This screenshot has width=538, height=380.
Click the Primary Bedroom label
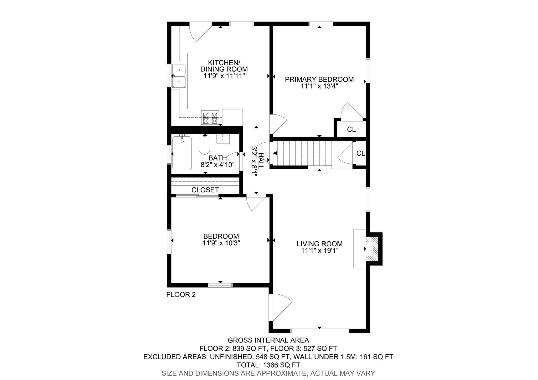tap(319, 79)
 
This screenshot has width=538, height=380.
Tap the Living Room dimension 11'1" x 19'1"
tap(319, 251)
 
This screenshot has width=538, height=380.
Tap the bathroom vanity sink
tap(223, 139)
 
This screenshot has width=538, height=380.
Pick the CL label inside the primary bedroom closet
tap(351, 129)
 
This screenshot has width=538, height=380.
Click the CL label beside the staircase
tap(360, 153)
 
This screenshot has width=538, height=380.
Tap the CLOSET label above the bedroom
tap(205, 190)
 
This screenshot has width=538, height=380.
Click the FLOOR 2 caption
tap(181, 295)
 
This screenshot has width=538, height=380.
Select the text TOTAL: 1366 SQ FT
tap(268, 365)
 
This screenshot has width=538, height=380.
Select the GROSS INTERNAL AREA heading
tap(268, 340)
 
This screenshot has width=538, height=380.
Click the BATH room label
tap(218, 158)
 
